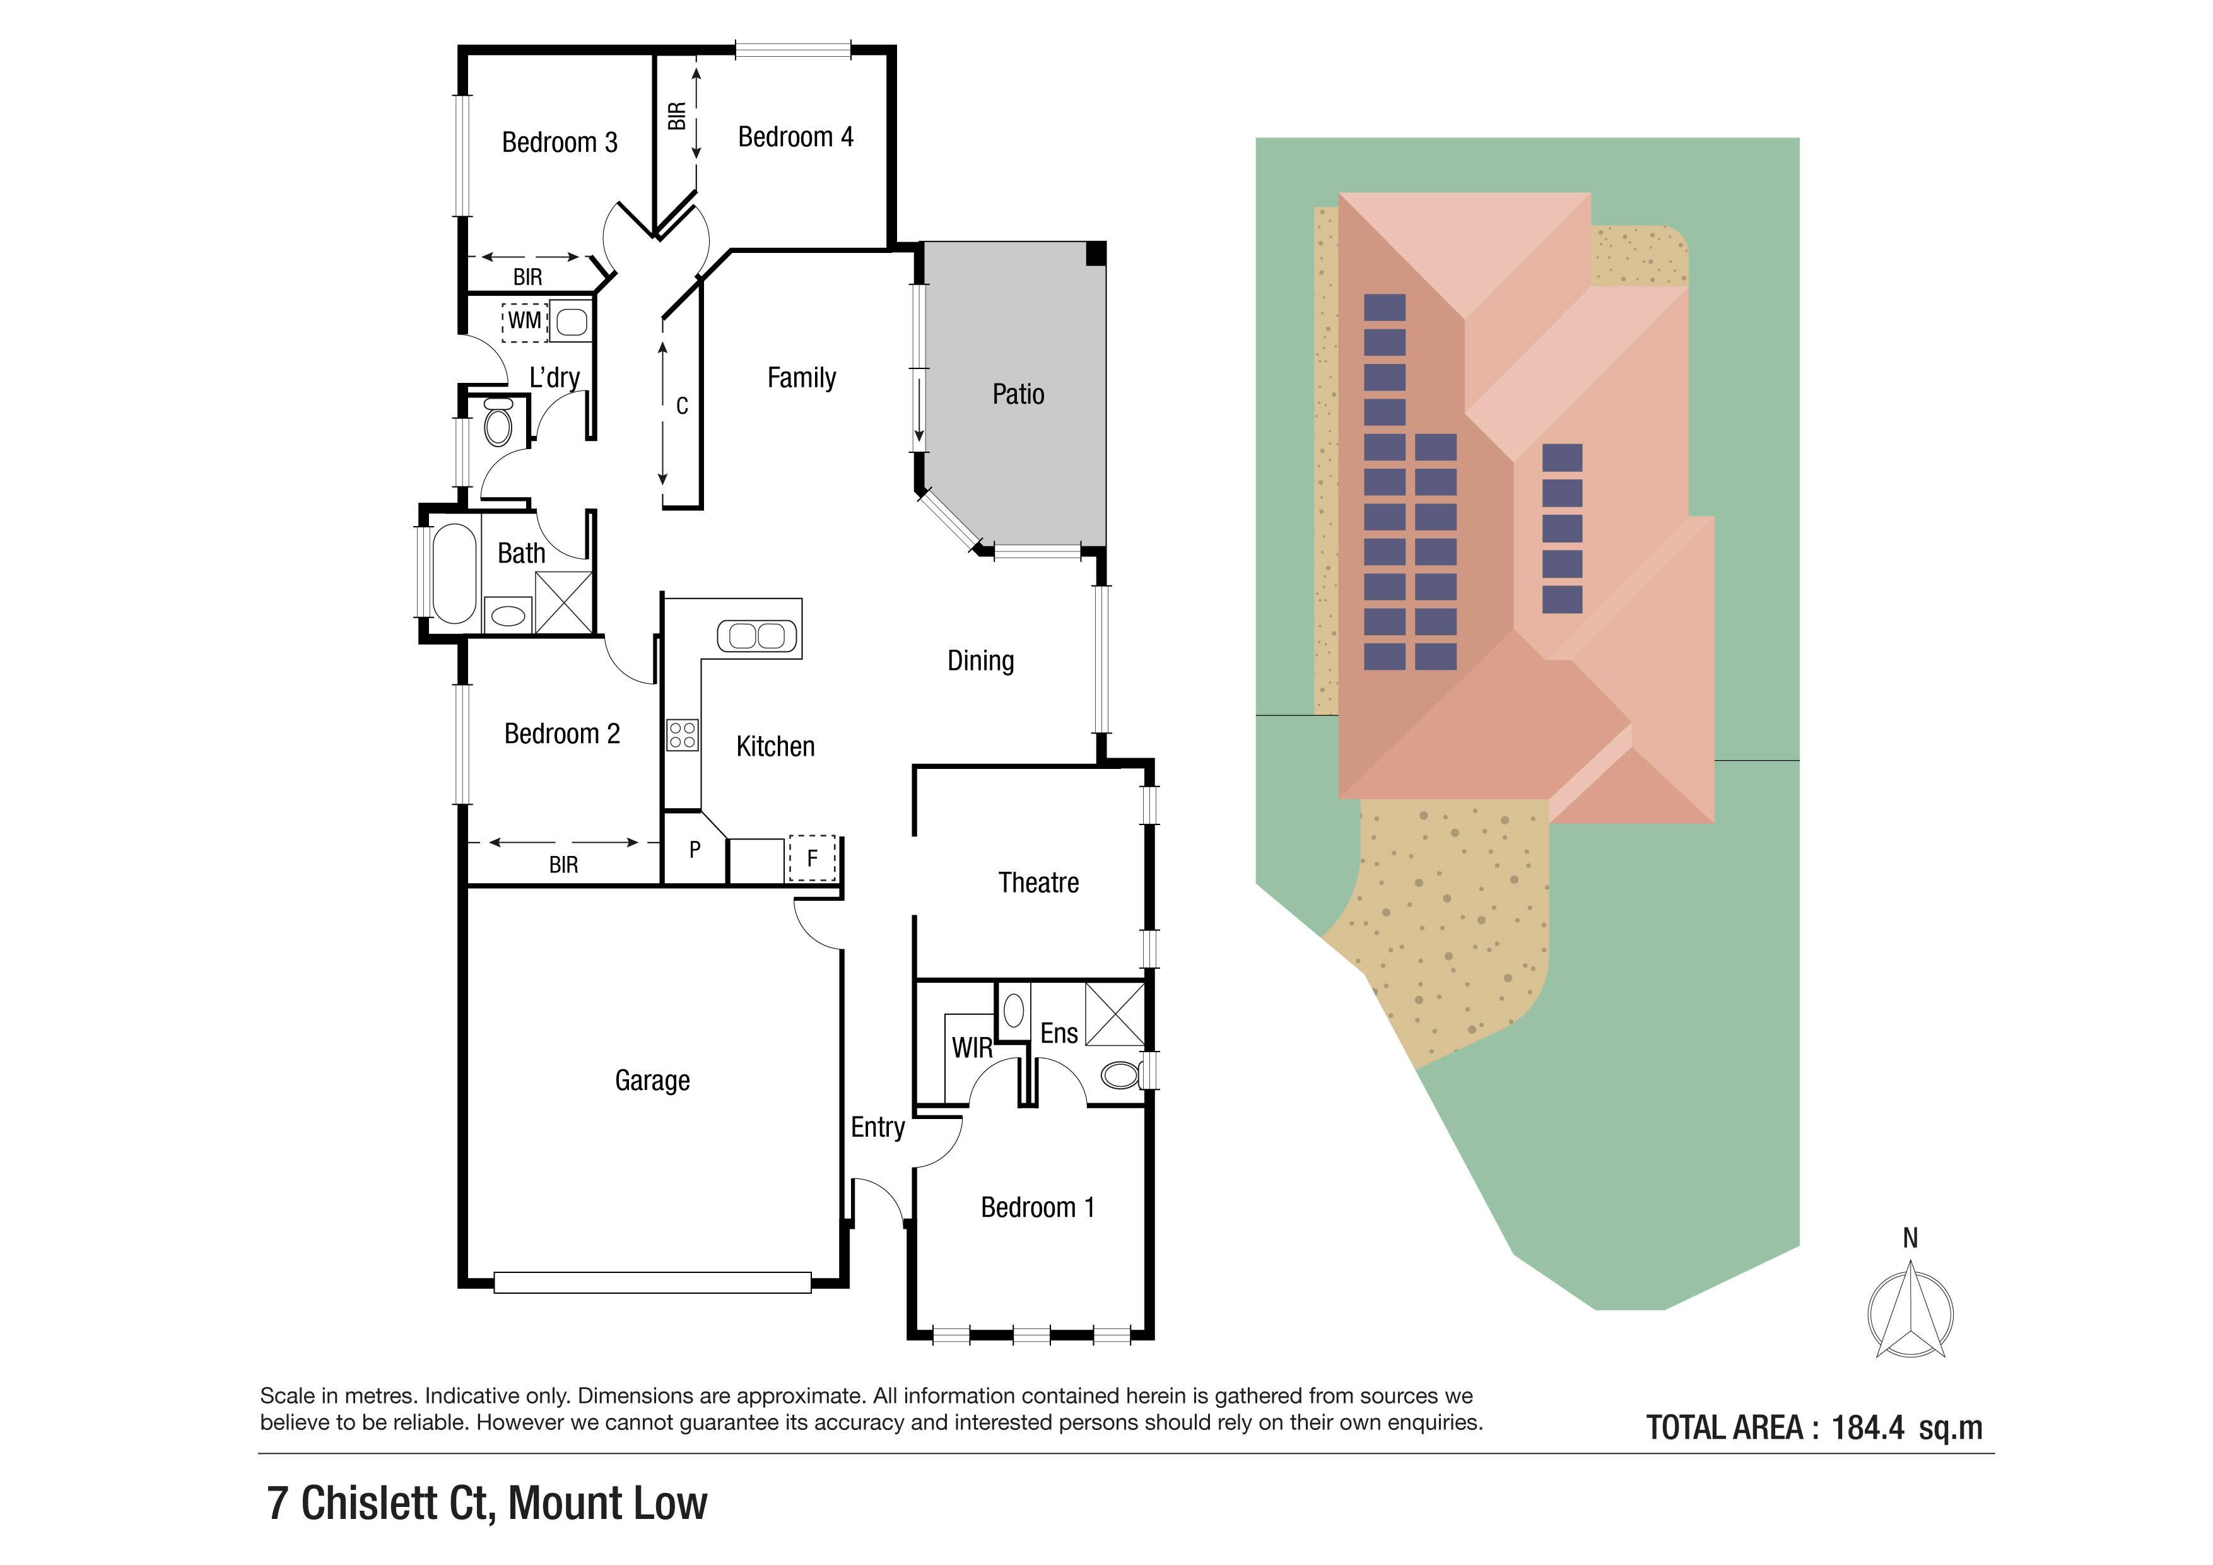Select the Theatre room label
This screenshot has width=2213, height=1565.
point(1038,882)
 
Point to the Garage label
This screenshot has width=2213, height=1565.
point(652,1081)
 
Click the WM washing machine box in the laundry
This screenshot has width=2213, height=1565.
point(524,321)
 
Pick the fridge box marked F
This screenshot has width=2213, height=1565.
point(811,858)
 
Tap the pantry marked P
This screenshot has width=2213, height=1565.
point(694,850)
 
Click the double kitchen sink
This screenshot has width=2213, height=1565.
point(758,636)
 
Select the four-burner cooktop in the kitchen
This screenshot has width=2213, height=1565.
point(683,736)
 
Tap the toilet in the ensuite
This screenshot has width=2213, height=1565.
point(1121,1074)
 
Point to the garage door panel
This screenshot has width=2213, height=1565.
point(652,1282)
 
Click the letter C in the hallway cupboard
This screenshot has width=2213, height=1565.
point(681,407)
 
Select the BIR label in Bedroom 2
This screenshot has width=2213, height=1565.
point(564,865)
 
